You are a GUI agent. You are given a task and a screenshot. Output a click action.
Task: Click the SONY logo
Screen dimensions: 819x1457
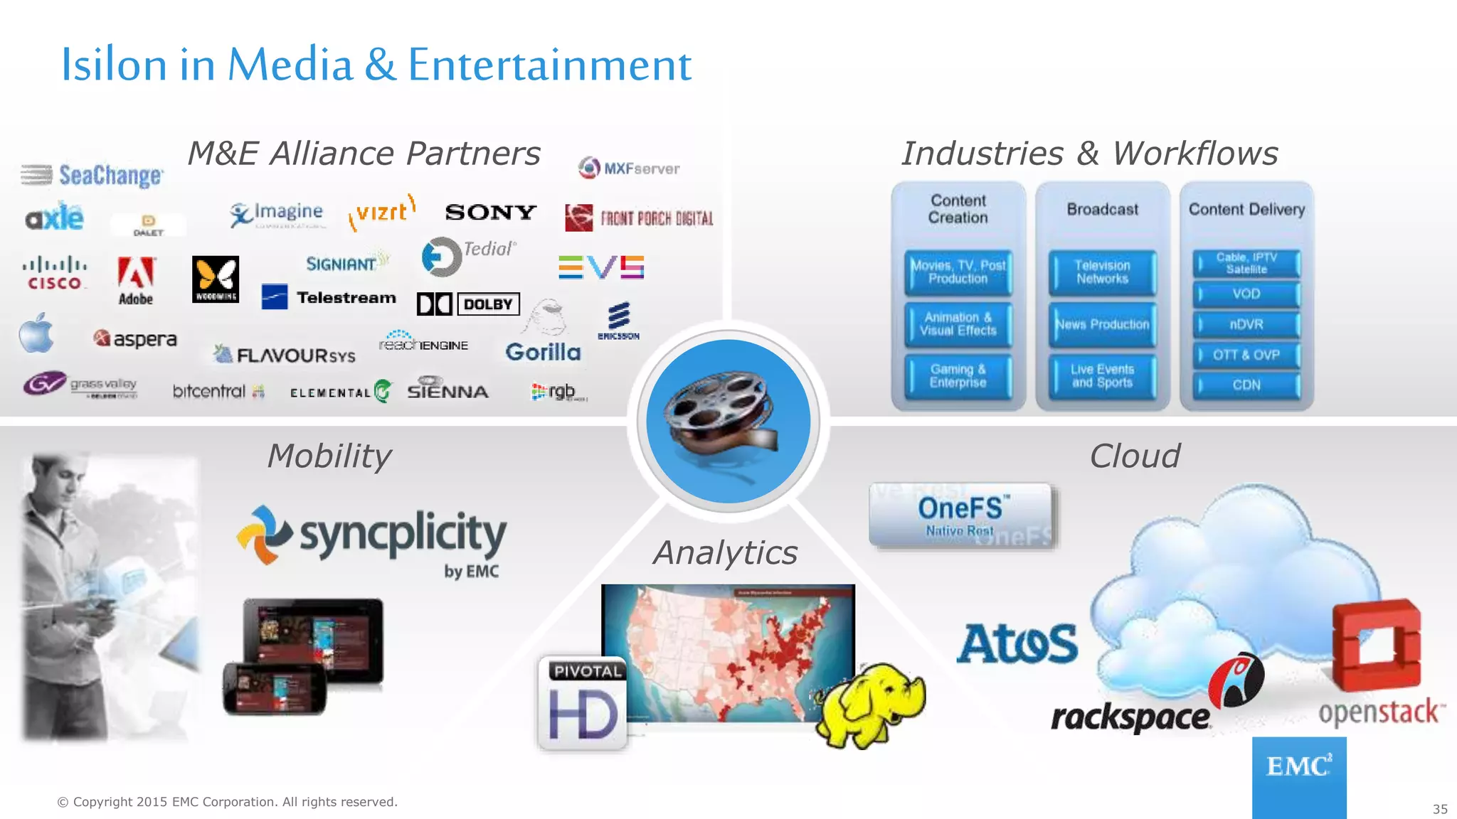click(490, 212)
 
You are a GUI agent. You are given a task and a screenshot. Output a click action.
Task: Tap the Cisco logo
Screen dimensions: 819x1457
click(54, 273)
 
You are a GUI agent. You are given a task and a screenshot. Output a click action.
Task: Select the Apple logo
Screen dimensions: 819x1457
click(36, 333)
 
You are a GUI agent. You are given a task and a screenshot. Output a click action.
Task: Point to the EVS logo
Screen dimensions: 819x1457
click(601, 267)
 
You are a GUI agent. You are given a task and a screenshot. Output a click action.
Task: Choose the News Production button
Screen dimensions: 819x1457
click(1102, 325)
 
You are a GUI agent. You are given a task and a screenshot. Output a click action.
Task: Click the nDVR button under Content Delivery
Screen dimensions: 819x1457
click(1246, 325)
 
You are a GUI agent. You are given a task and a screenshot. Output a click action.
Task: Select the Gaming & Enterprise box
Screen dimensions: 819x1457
click(958, 376)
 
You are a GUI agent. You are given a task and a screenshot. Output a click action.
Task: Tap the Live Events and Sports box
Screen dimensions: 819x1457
click(1102, 376)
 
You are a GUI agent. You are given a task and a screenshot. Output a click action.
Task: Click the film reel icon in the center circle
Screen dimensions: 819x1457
click(726, 419)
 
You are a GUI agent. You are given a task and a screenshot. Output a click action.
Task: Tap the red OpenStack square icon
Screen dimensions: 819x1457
click(1376, 643)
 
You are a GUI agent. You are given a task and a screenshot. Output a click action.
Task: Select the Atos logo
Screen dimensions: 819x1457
click(1017, 644)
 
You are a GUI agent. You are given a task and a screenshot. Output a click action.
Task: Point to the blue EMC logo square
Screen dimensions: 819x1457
click(1298, 776)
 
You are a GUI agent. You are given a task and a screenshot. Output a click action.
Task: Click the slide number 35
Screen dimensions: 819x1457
click(1439, 809)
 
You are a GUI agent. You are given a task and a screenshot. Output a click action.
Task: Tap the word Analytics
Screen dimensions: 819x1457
click(726, 553)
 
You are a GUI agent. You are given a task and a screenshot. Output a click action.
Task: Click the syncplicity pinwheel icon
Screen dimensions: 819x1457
click(264, 535)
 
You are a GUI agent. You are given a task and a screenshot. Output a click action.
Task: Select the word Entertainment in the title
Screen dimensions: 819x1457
click(549, 65)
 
